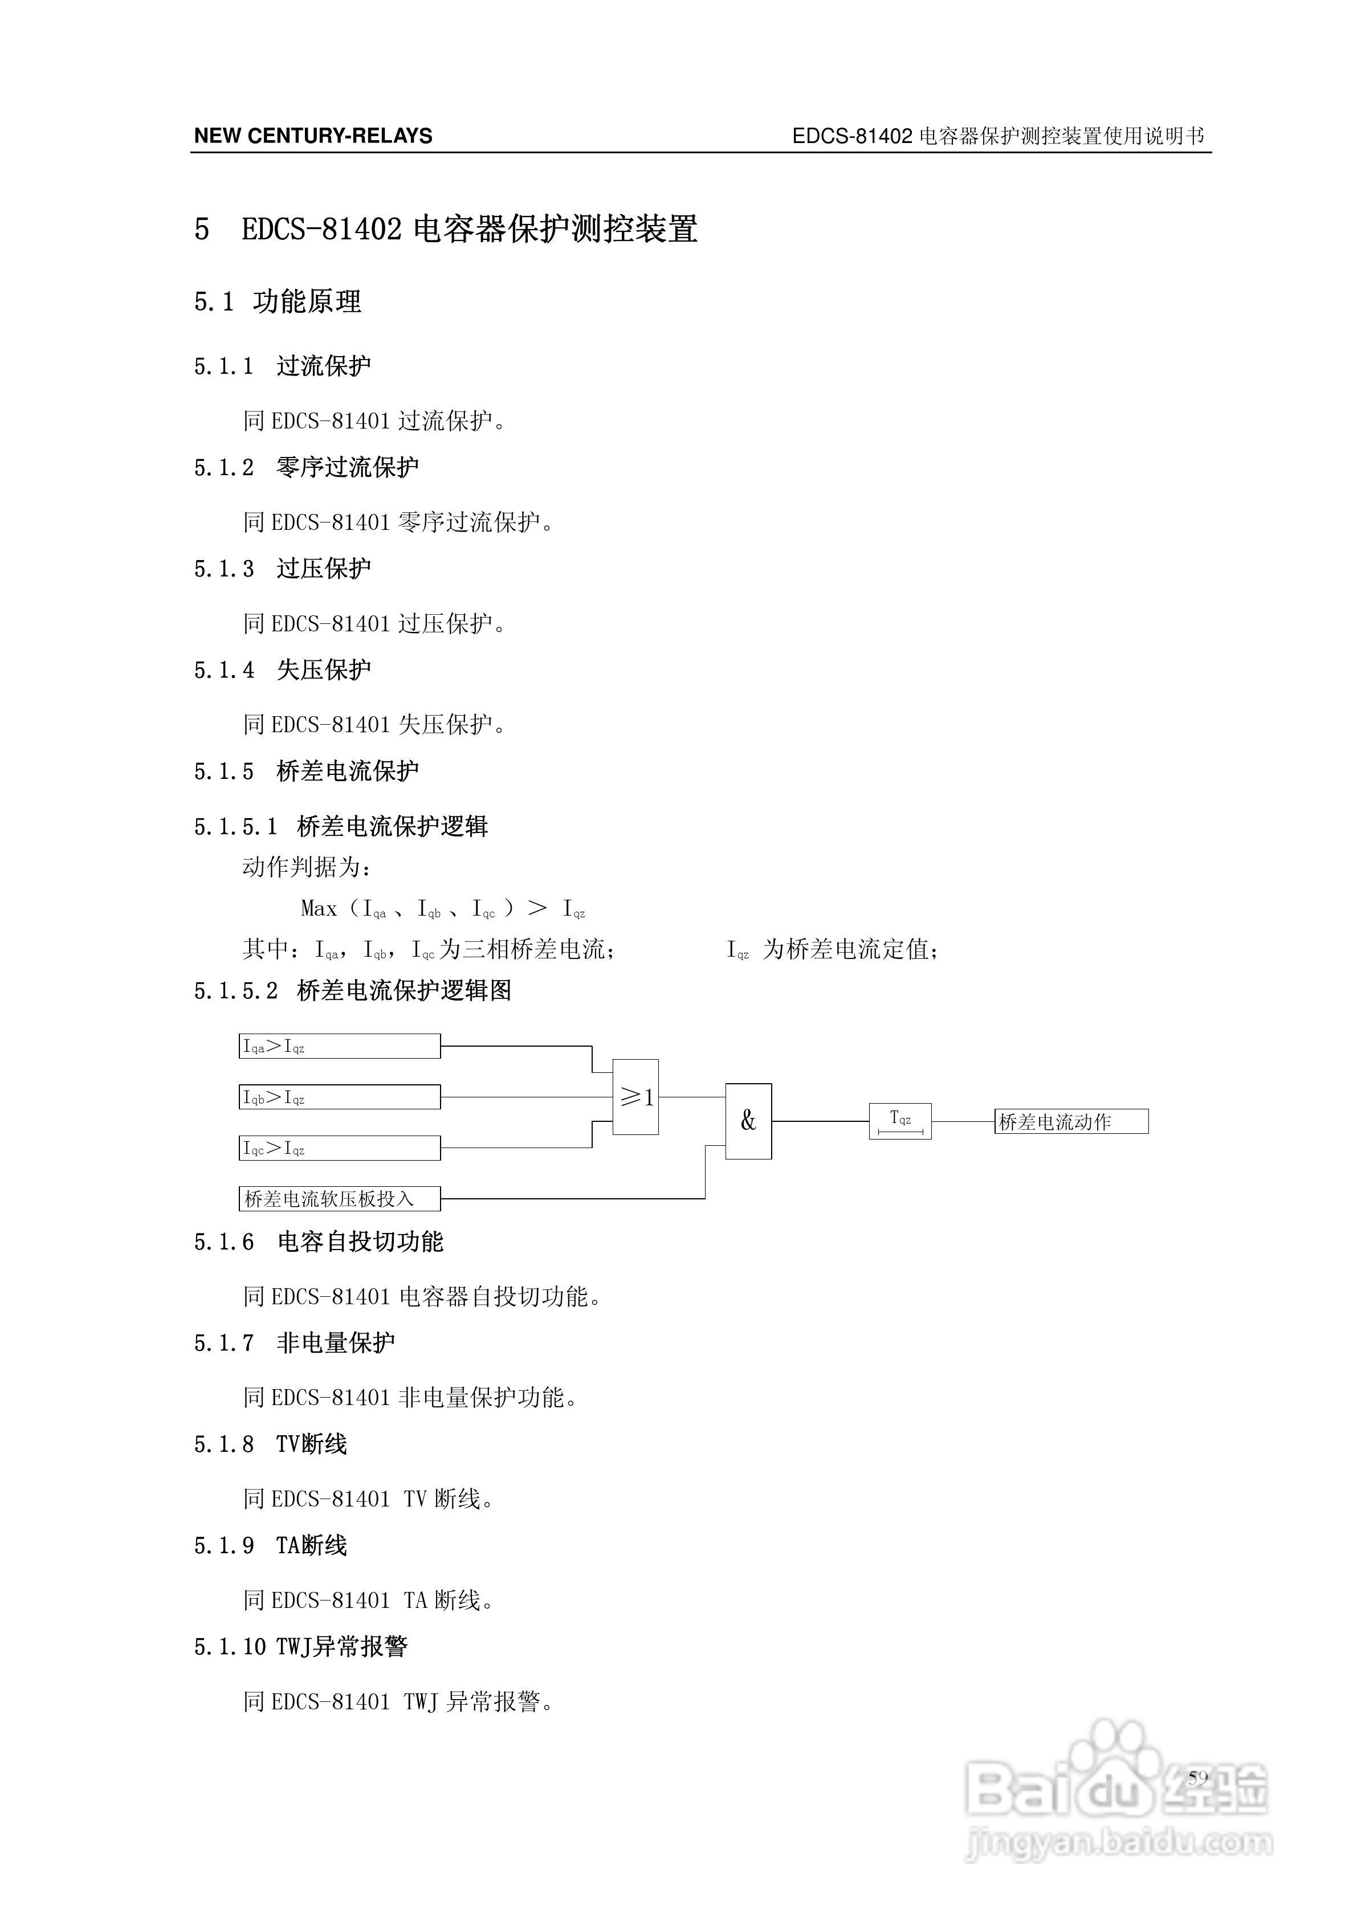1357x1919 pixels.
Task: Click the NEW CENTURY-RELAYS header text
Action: click(x=313, y=136)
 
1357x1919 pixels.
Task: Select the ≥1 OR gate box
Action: click(x=635, y=1097)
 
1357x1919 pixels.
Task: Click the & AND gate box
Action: click(x=748, y=1121)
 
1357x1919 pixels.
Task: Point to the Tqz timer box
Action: click(x=900, y=1121)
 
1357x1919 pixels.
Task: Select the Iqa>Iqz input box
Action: click(x=340, y=1046)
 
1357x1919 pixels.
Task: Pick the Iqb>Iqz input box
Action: click(x=340, y=1097)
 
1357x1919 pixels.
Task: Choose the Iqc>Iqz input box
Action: click(x=340, y=1148)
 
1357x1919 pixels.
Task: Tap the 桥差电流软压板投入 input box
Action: click(x=340, y=1199)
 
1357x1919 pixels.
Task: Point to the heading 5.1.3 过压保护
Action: click(x=283, y=568)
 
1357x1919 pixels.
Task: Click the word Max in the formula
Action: click(x=319, y=908)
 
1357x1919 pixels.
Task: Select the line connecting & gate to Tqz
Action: click(x=820, y=1121)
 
